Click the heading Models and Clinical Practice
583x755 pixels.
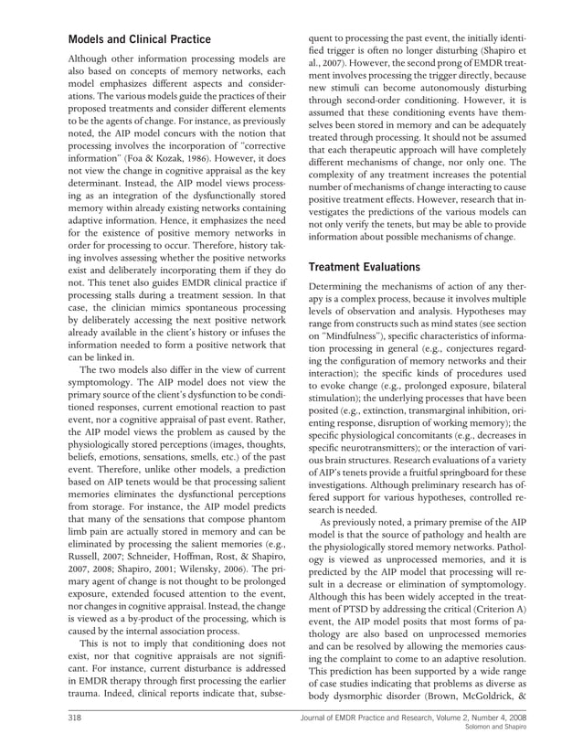[x=140, y=39]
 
